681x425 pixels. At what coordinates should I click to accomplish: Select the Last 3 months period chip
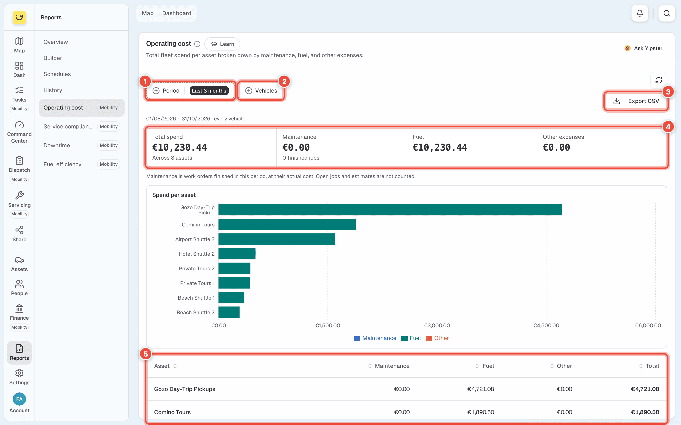tap(209, 90)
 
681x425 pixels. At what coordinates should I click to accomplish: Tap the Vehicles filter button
tap(261, 90)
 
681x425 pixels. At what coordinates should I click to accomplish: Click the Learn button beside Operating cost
tap(222, 44)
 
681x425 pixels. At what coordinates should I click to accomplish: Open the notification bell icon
tap(640, 13)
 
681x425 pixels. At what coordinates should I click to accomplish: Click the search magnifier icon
tap(666, 13)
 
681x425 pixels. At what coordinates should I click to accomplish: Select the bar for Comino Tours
tap(287, 224)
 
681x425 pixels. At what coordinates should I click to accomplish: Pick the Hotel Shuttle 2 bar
tap(237, 254)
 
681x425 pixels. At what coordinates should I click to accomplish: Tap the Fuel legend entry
tap(411, 338)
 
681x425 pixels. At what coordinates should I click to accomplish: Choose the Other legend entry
tap(437, 338)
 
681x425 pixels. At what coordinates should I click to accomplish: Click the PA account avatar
tap(19, 399)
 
